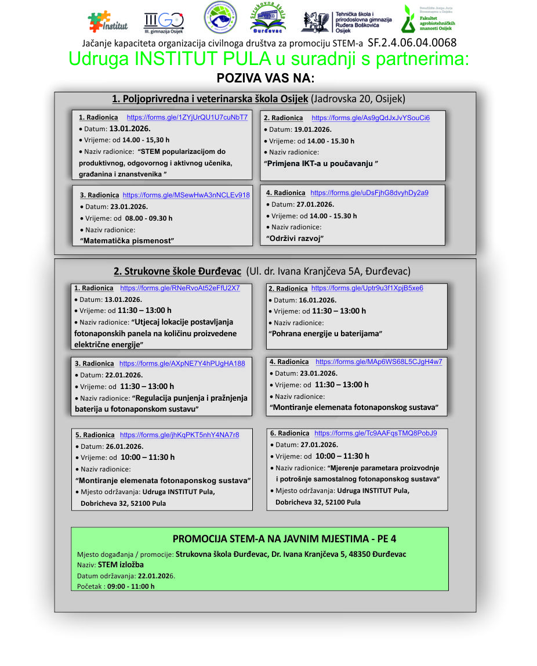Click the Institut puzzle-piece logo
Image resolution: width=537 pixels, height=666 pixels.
click(107, 21)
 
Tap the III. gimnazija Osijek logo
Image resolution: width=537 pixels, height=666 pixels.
click(163, 23)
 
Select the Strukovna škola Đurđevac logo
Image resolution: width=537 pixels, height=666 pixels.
click(267, 20)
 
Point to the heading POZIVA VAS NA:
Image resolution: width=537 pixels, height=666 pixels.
click(266, 78)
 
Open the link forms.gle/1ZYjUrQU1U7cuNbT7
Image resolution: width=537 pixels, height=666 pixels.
click(187, 117)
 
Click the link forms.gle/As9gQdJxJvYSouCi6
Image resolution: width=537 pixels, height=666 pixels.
click(371, 118)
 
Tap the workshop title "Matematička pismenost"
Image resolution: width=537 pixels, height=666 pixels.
click(128, 240)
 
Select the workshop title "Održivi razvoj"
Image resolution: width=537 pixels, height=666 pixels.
click(294, 238)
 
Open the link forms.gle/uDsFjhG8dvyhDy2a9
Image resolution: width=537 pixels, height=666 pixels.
click(369, 193)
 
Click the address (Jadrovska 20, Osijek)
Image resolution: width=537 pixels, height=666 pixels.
click(358, 98)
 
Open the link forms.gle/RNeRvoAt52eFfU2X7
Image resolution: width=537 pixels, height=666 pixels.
click(180, 288)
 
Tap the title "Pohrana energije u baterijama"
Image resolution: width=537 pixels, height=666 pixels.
click(325, 333)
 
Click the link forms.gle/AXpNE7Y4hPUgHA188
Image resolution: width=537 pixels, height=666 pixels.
click(182, 363)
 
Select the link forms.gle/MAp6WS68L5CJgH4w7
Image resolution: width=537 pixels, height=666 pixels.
click(379, 362)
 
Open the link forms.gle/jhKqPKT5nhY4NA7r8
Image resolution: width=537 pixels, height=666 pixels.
click(179, 435)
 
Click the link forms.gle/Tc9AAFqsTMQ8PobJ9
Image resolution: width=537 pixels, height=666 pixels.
click(376, 433)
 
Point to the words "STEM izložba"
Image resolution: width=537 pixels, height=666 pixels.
click(121, 564)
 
